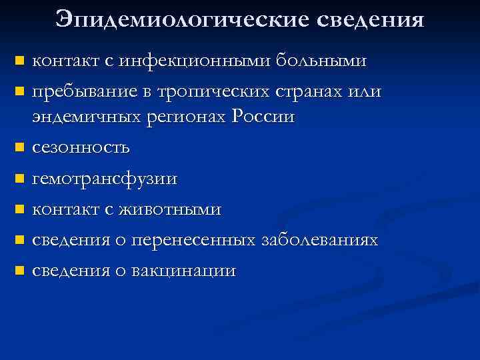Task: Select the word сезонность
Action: point(81,147)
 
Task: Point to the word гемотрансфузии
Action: point(105,178)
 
